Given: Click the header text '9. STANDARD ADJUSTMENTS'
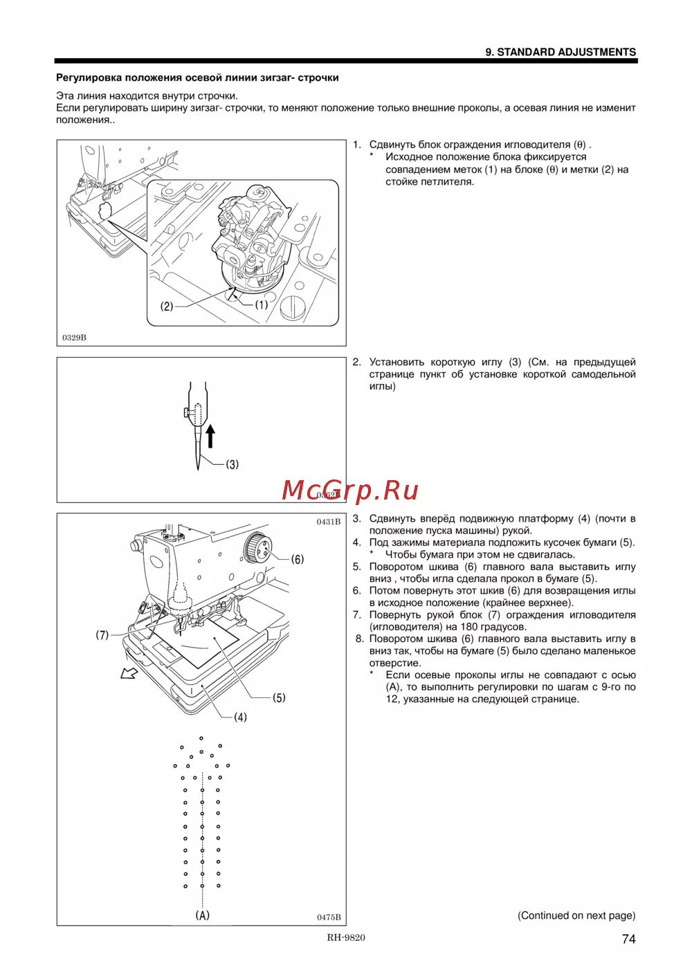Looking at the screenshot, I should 560,52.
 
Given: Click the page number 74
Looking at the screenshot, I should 628,939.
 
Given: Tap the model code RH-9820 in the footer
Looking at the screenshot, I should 346,937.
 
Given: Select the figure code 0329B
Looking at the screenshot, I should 74,338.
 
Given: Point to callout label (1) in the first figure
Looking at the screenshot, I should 262,304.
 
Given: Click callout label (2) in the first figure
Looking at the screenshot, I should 167,306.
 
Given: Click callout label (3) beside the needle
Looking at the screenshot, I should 233,464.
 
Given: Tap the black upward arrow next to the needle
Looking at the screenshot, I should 210,437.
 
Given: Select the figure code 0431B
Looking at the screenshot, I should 329,522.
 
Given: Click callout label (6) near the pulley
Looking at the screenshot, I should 297,559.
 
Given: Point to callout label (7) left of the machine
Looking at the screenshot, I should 102,634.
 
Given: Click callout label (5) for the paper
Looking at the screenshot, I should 279,697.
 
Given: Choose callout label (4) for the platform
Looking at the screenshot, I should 240,717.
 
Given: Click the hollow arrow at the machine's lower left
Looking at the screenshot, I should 129,673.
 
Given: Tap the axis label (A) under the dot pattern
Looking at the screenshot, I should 202,915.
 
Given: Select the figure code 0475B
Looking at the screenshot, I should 329,917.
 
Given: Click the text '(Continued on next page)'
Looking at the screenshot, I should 576,915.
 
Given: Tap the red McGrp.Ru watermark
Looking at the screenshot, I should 350,490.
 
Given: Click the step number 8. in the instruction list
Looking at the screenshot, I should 359,639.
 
